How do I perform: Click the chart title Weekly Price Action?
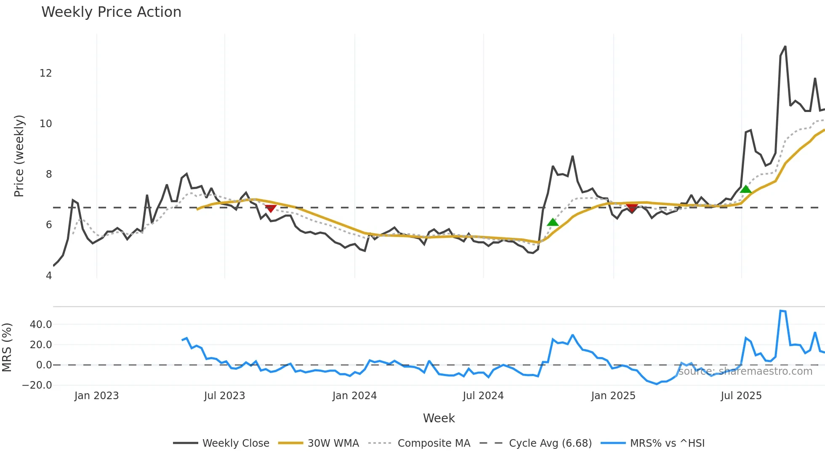(x=111, y=12)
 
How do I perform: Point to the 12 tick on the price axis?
(x=45, y=73)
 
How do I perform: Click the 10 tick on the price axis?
(x=45, y=124)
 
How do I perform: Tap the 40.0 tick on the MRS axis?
(x=41, y=325)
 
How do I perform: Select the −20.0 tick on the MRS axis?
(x=37, y=385)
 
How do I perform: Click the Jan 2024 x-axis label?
(x=354, y=396)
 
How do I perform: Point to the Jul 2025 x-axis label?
(x=741, y=396)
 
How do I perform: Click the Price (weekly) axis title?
(x=19, y=156)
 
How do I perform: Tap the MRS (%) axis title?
(x=7, y=347)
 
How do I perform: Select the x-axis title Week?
(x=439, y=418)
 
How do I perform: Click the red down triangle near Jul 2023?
(x=271, y=208)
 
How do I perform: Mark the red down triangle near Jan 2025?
(x=632, y=208)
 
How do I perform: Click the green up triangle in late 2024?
(x=553, y=222)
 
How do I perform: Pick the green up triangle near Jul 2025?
(x=746, y=189)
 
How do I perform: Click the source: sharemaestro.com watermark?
(x=745, y=371)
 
